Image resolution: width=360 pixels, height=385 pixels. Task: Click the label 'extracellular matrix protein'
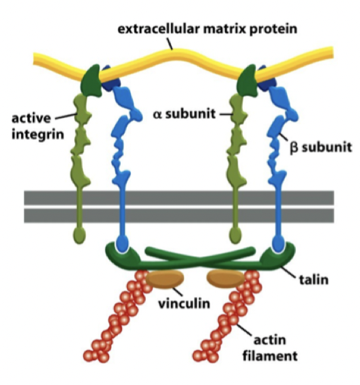coord(207,29)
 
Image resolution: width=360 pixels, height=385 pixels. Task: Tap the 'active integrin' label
coord(37,126)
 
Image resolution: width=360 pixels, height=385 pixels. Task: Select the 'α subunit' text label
coord(184,114)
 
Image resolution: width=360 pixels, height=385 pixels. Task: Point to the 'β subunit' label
coord(320,147)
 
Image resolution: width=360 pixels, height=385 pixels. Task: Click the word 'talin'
coord(314,279)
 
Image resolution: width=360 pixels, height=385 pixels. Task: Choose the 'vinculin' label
coord(184,304)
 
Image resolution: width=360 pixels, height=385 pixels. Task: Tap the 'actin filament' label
coord(270,348)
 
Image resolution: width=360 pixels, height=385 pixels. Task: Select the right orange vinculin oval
coord(226,279)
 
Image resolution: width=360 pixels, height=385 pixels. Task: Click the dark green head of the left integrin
coord(91,81)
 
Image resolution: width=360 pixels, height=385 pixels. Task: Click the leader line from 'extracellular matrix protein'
coord(170,44)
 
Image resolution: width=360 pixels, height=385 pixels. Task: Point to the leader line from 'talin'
coord(288,272)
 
